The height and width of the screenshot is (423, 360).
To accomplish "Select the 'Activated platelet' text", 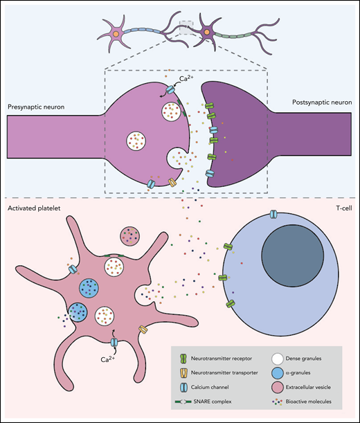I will point(33,207).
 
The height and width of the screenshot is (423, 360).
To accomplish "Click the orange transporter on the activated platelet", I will point(143,331).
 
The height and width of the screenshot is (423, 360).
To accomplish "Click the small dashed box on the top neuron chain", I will point(184,28).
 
